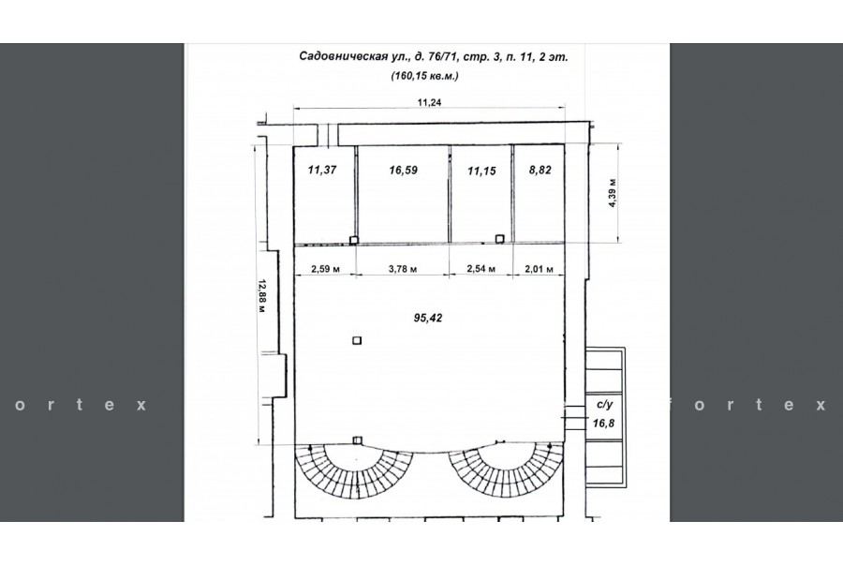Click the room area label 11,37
click(322, 170)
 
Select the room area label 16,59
click(403, 171)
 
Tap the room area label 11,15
click(481, 171)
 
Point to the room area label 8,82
click(540, 171)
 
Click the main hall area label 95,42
click(428, 318)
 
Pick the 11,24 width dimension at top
click(429, 102)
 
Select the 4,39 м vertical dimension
click(613, 193)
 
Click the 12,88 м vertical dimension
click(262, 296)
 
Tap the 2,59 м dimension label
click(325, 268)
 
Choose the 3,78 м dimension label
click(403, 268)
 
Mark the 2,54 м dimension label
click(481, 268)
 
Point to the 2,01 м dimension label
click(539, 268)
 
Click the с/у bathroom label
click(605, 405)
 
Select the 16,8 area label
click(603, 424)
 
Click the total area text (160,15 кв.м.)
click(424, 76)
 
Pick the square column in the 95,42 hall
click(357, 340)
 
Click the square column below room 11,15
click(499, 239)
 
